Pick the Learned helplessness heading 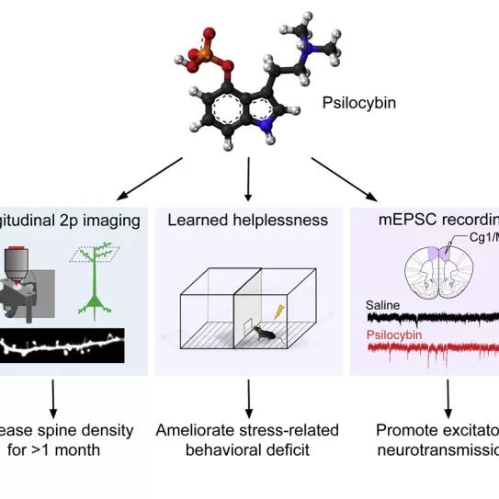coord(249,220)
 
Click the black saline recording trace coord(432,318)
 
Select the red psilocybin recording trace coord(432,350)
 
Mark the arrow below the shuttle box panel coord(249,397)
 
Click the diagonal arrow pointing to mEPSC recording coord(345,178)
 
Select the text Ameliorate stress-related coord(247,429)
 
